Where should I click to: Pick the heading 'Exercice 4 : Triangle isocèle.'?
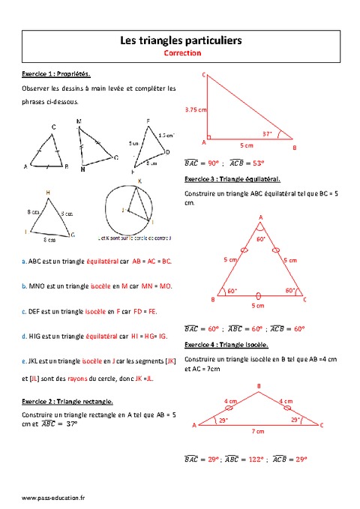click(226, 344)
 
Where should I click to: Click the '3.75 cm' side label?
click(196, 109)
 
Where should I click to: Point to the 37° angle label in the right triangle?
click(267, 133)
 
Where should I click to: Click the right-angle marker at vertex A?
click(208, 138)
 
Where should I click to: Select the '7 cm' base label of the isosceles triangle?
click(259, 433)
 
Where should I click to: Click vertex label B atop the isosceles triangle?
click(259, 386)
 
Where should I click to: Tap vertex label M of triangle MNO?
click(79, 121)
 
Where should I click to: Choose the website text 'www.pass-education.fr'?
click(53, 497)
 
